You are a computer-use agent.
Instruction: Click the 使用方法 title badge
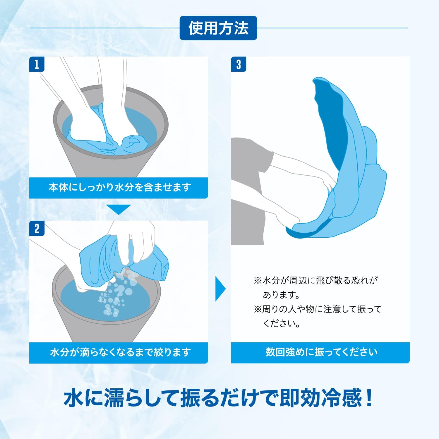(x=218, y=28)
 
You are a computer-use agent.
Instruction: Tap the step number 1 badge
(x=37, y=64)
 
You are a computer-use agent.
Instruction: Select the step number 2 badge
(x=37, y=228)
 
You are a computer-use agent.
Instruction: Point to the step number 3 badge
(x=239, y=64)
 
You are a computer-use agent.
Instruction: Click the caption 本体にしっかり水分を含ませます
(x=119, y=187)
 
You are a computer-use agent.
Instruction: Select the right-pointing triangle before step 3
(x=221, y=289)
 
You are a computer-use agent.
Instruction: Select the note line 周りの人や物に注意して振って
(x=318, y=309)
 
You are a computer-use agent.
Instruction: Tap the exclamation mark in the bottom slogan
(x=369, y=398)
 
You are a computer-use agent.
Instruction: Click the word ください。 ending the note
(x=282, y=323)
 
